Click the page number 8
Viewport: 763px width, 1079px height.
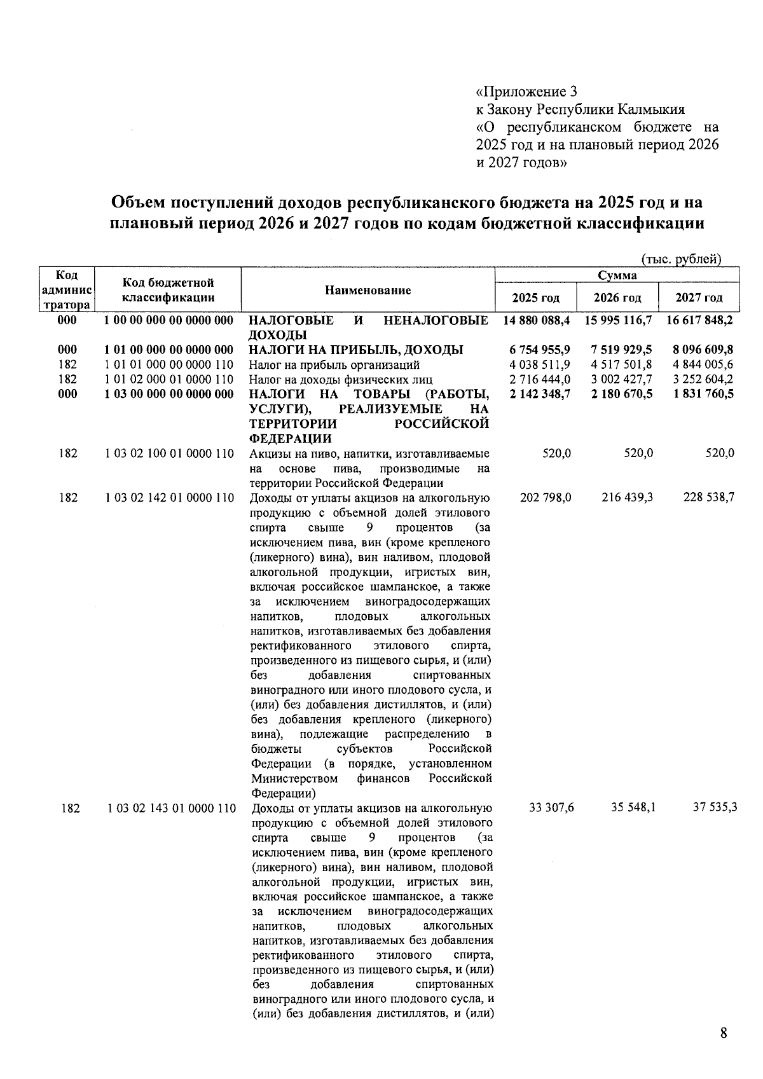click(723, 1033)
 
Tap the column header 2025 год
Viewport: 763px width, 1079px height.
click(535, 298)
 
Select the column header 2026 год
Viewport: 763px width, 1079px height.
click(617, 298)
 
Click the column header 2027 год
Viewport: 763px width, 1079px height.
click(699, 298)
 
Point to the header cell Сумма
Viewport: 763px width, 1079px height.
click(617, 275)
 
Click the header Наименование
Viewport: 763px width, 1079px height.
click(368, 291)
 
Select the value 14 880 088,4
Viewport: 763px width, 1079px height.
click(535, 320)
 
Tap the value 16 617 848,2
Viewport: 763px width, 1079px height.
click(699, 320)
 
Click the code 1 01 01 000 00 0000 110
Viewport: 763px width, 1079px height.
click(169, 365)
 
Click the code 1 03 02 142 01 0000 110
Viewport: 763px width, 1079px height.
click(170, 498)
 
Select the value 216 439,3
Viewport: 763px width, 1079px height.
click(627, 498)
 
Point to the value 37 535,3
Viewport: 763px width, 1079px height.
click(715, 808)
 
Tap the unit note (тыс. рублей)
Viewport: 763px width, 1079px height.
click(680, 259)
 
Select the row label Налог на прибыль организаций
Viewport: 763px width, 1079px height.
click(334, 365)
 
